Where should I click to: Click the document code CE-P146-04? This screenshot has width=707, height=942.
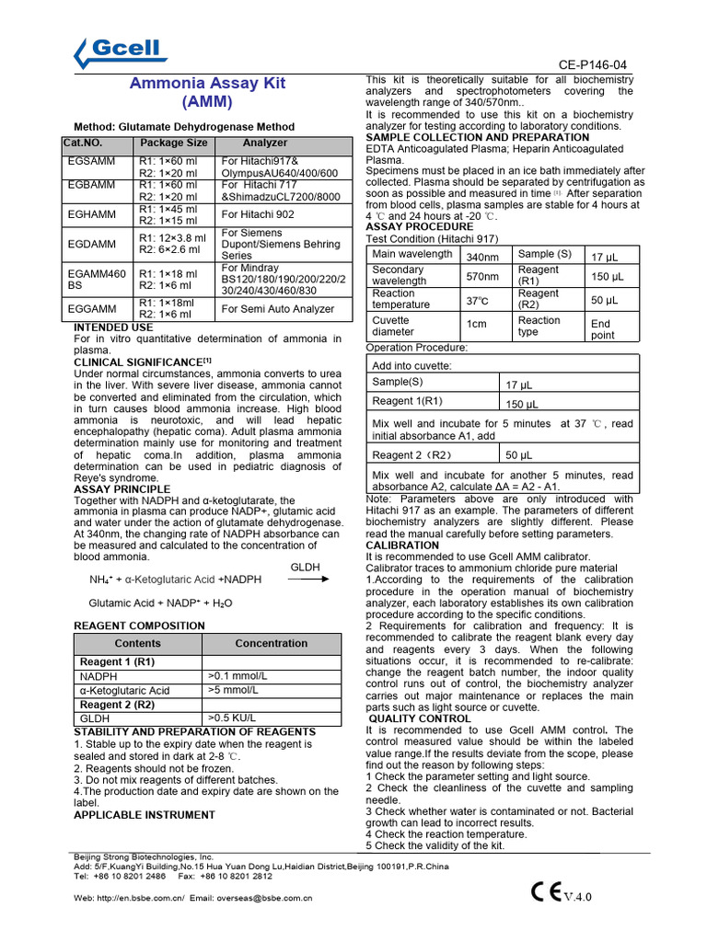[593, 65]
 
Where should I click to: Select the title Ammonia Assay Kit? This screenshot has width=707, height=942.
[207, 83]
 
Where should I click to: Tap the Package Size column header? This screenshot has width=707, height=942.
[173, 144]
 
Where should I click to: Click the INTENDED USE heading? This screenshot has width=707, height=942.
[113, 327]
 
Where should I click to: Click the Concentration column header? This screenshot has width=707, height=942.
[272, 644]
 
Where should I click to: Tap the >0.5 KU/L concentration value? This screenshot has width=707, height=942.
[231, 718]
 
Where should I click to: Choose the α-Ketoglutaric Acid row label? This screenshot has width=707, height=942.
[125, 691]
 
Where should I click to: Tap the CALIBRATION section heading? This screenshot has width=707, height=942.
[402, 546]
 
